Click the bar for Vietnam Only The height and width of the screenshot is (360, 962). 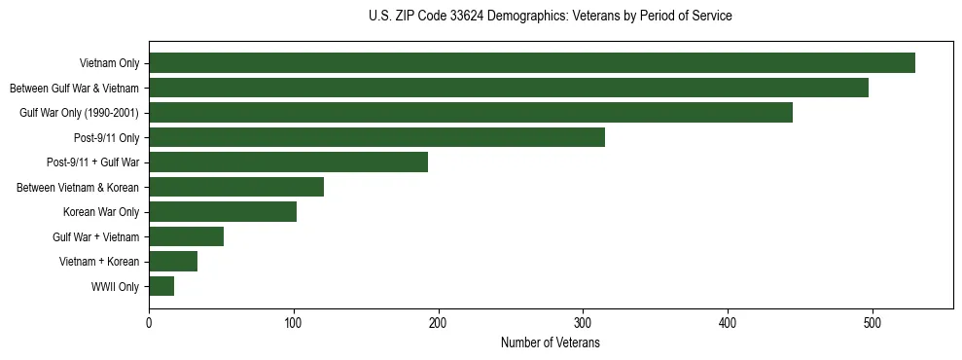click(531, 63)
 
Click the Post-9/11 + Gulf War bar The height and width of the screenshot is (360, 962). click(288, 162)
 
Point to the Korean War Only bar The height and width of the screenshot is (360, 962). click(223, 212)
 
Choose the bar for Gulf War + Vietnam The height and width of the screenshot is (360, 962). click(186, 236)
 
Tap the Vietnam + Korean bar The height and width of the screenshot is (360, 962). click(173, 261)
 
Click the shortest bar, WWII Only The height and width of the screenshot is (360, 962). click(161, 286)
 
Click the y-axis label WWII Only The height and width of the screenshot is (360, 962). click(115, 287)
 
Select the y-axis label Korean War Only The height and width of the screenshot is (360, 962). click(100, 212)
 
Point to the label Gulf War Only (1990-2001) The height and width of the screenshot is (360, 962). click(79, 113)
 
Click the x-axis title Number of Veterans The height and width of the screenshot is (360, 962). click(550, 342)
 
